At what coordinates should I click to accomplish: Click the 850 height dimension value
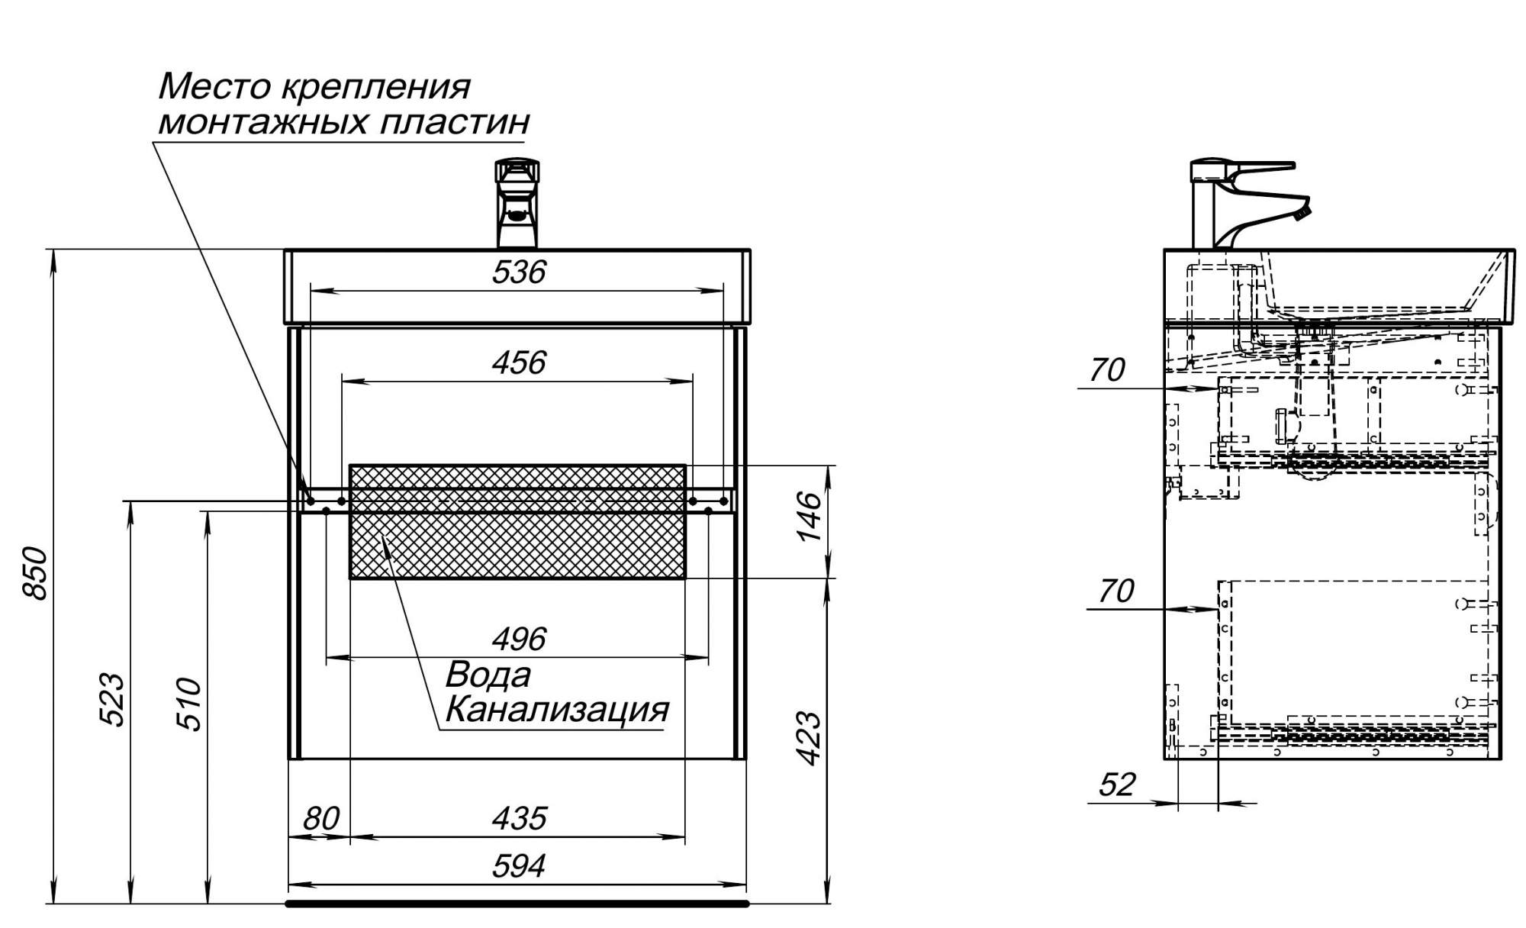click(36, 573)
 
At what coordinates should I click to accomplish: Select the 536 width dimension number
click(519, 272)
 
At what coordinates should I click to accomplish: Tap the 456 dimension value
click(519, 362)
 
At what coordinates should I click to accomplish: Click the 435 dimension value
click(519, 819)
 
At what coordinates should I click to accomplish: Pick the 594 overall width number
click(519, 866)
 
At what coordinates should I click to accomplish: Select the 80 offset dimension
click(320, 819)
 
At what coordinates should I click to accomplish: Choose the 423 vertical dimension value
click(809, 738)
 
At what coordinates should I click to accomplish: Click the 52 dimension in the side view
click(1117, 785)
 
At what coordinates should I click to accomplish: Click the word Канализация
click(557, 710)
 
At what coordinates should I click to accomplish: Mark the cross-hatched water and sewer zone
click(517, 521)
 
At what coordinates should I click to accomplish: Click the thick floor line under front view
click(517, 904)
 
